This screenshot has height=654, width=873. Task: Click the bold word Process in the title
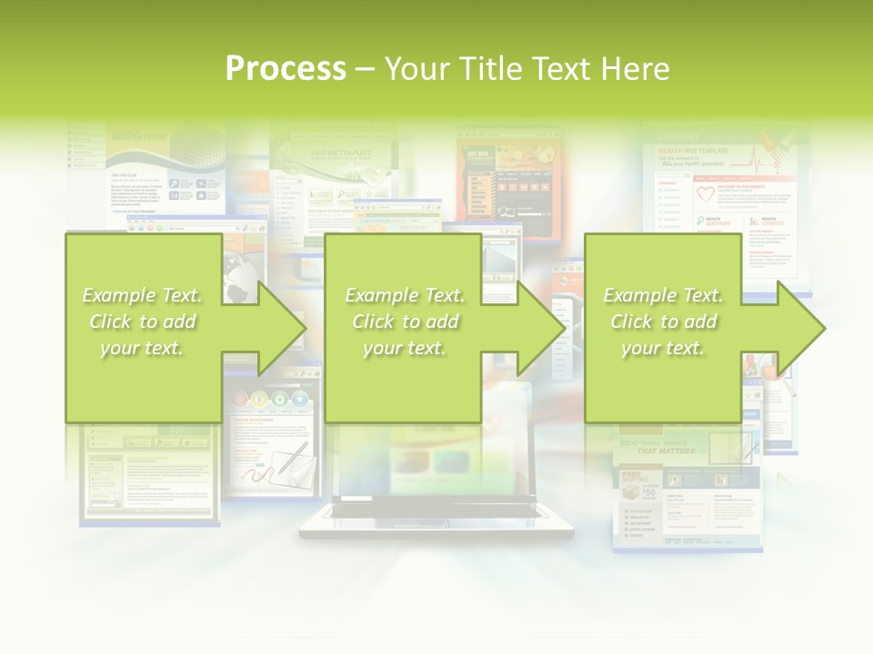[286, 69]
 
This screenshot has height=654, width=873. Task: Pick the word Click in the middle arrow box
[374, 322]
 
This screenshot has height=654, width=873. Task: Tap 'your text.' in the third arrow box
[662, 348]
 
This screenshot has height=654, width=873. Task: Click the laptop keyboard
[436, 510]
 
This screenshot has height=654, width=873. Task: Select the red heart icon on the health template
[706, 194]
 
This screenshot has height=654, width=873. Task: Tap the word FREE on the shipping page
[633, 473]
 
